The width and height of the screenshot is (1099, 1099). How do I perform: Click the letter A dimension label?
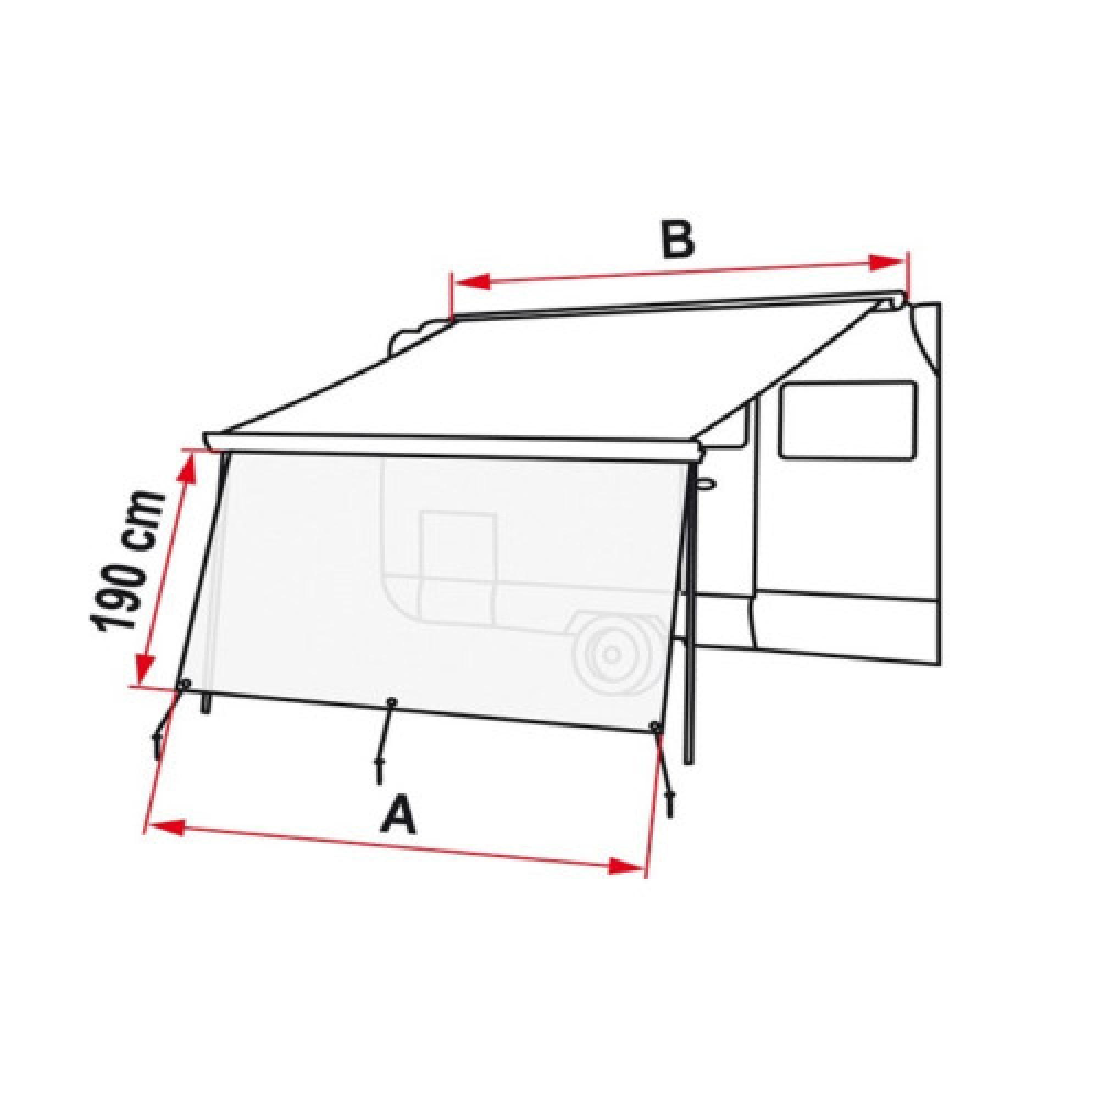click(399, 815)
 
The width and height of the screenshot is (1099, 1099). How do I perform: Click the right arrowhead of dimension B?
click(887, 262)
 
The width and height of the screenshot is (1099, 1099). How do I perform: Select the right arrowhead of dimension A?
click(626, 867)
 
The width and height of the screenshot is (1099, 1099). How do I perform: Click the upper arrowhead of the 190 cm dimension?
click(190, 470)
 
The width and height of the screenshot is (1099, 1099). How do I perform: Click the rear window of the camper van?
click(848, 420)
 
